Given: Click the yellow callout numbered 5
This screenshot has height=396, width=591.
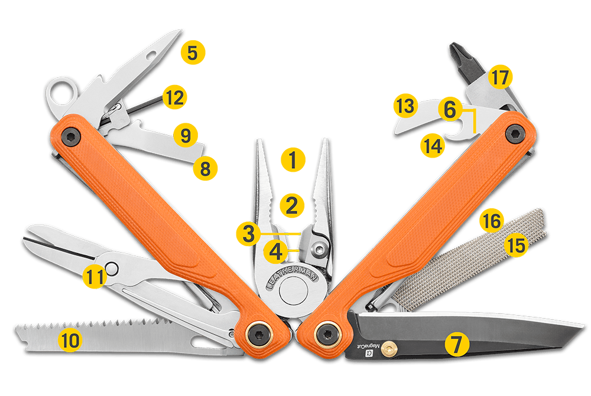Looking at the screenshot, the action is (x=193, y=53).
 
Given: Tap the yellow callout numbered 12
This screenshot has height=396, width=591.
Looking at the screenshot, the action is (x=174, y=97).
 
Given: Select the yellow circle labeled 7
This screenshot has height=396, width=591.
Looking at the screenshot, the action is (x=457, y=344).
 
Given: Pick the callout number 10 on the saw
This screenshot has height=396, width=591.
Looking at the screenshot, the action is (x=70, y=340).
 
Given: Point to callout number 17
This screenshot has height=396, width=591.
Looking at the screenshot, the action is (x=500, y=77).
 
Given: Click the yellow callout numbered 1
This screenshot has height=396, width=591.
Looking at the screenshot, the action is (x=293, y=159).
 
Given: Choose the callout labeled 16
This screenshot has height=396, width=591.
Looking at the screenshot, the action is (x=492, y=221).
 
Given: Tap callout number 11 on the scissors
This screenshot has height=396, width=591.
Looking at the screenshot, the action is (x=95, y=277).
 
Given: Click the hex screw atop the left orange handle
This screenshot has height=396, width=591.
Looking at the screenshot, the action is (x=70, y=136).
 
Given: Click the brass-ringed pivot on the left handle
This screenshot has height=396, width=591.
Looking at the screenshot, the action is (x=259, y=334).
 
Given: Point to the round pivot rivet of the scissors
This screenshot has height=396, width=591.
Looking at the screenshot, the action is (x=112, y=269).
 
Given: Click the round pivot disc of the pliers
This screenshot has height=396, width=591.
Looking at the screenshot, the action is (x=293, y=290).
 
